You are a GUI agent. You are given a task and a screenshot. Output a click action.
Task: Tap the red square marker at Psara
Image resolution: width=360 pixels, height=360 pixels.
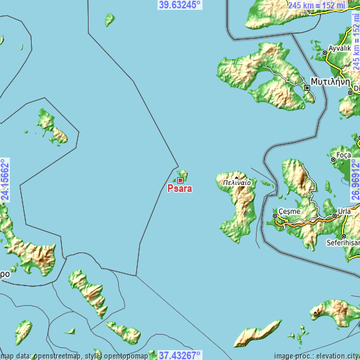(x=180, y=181)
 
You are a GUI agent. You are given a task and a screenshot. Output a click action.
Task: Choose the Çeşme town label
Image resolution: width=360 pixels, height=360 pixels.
(x=289, y=211)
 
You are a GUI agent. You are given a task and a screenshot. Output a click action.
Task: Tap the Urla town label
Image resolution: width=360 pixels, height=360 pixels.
(x=346, y=211)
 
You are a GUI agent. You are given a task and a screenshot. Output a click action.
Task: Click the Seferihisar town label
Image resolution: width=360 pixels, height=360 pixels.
(x=342, y=243)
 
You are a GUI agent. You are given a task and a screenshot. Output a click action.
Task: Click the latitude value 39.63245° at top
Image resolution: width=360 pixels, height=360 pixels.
(x=179, y=4)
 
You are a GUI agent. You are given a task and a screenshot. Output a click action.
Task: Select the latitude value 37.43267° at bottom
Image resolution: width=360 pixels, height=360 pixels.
(x=179, y=355)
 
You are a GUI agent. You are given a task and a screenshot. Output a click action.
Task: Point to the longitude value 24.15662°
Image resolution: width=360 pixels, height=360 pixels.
(x=5, y=180)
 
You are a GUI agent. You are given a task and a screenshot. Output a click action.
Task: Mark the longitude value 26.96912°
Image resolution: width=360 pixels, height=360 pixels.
(x=355, y=180)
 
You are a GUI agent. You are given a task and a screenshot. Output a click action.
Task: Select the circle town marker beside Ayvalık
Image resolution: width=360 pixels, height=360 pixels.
(x=324, y=52)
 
